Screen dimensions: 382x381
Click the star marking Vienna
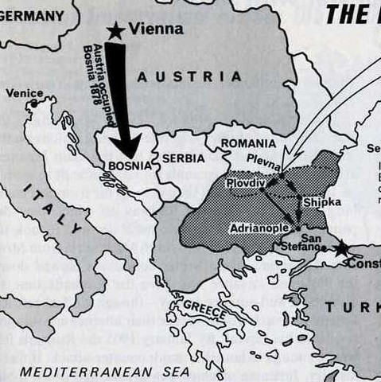pos(116,30)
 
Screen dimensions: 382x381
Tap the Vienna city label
pos(157,29)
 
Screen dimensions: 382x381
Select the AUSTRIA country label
pos(189,77)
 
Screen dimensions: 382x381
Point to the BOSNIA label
pos(126,167)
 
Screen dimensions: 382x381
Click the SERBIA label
pos(184,158)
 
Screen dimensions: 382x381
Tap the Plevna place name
pos(262,159)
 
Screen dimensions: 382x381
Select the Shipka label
pos(321,202)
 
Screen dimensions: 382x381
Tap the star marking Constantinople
pos(342,249)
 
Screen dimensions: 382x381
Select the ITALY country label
pos(54,207)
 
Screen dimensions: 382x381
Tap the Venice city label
pos(24,93)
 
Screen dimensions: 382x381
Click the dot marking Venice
pos(35,103)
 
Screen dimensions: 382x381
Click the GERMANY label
pos(32,14)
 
